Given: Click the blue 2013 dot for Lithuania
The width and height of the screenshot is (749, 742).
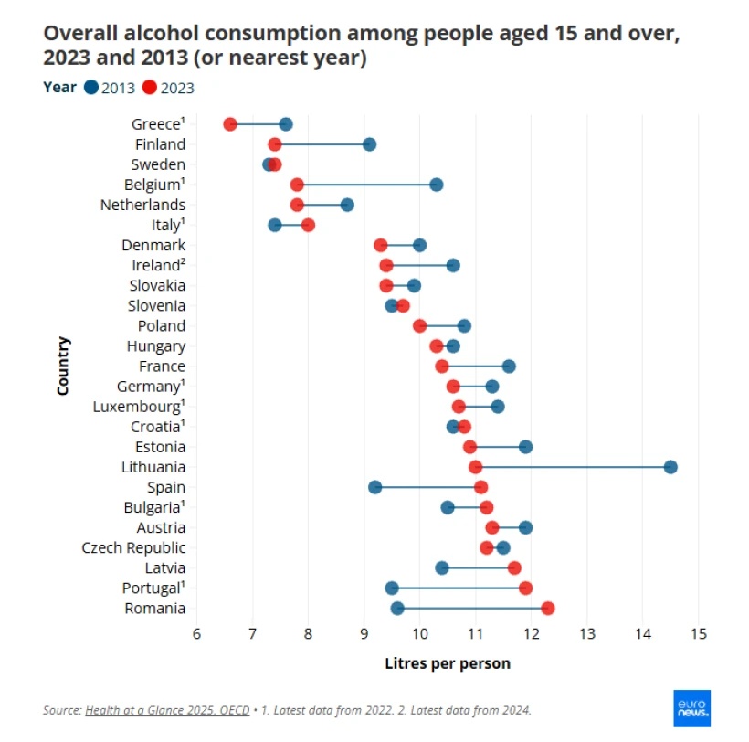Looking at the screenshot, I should click(x=670, y=467).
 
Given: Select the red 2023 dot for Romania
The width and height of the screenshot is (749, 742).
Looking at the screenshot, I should click(x=547, y=609).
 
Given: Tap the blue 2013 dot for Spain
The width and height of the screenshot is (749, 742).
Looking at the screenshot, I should click(x=374, y=487).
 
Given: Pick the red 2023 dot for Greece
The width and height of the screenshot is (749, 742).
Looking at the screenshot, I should click(x=230, y=124).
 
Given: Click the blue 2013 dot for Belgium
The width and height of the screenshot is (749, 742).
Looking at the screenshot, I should click(x=437, y=185).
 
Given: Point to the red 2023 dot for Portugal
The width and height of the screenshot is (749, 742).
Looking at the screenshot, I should click(x=525, y=588).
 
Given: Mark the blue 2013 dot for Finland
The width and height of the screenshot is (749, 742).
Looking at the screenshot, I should click(x=369, y=144).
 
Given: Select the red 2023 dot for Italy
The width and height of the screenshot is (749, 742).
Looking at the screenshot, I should click(x=308, y=225).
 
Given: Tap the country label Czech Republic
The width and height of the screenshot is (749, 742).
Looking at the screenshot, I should click(x=133, y=547).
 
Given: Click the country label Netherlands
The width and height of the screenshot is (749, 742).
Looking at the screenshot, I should click(x=142, y=205).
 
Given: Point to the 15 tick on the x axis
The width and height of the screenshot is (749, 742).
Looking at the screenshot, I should click(x=699, y=633).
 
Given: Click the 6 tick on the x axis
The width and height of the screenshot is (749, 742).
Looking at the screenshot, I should click(x=196, y=633).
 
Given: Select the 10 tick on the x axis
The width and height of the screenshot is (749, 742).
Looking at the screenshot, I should click(x=419, y=633).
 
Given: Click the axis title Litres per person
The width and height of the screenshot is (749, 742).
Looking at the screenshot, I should click(x=448, y=663).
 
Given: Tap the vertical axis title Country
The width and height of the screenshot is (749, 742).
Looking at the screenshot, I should click(x=63, y=366).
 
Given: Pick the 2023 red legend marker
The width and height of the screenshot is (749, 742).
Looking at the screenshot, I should click(x=150, y=88).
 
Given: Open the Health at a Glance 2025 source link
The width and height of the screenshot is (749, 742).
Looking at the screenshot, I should click(x=167, y=710).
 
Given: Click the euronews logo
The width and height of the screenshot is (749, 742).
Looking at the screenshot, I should click(x=691, y=707).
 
